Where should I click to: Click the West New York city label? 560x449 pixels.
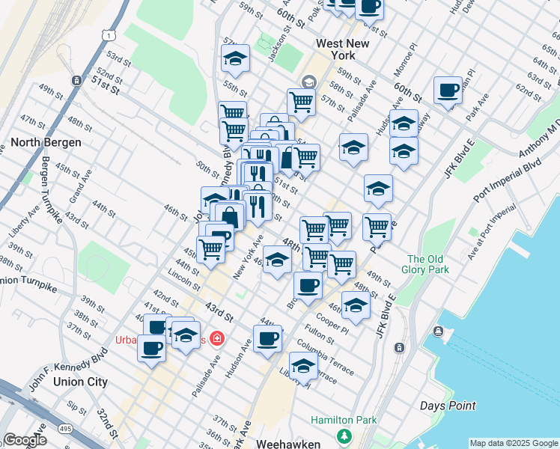click(343, 49)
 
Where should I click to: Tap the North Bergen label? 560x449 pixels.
click(46, 141)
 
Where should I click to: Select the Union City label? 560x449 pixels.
click(80, 382)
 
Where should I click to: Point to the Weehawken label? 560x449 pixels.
click(288, 443)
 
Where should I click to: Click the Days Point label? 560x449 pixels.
click(448, 406)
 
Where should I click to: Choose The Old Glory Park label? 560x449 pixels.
click(427, 264)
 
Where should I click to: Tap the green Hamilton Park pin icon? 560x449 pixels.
click(344, 436)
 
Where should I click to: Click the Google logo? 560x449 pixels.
click(25, 440)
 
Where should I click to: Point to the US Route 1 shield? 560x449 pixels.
click(110, 35)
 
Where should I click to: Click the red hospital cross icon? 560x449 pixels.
click(217, 339)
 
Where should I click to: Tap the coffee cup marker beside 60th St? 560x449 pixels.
click(448, 91)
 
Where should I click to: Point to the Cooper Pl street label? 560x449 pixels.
click(332, 324)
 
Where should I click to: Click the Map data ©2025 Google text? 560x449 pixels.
click(513, 443)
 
